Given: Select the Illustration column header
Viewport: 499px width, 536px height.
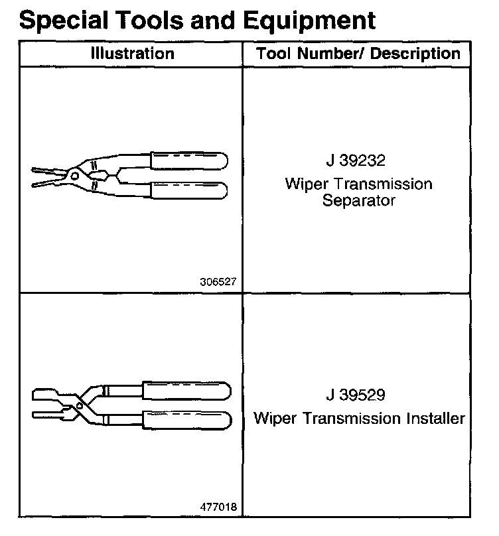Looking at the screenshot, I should [x=133, y=54].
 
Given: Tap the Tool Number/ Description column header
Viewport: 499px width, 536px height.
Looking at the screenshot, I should [x=359, y=54].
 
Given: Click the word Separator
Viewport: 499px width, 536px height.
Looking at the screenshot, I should [x=358, y=200].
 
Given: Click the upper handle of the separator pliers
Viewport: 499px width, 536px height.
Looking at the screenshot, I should [x=189, y=161].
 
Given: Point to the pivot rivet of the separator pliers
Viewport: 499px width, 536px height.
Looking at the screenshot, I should [x=74, y=176].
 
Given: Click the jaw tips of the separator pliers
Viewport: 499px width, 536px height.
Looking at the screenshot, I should [x=38, y=174].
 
